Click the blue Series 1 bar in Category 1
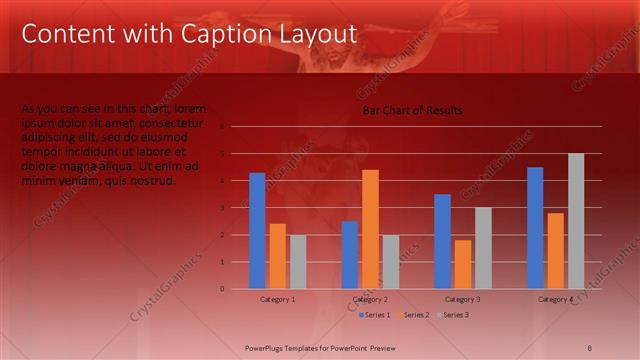coord(257,230)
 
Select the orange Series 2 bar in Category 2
coord(370,228)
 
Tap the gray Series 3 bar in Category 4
coord(576,220)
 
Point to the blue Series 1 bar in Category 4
coord(535,227)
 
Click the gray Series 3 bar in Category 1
coord(298,261)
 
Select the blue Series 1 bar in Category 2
coord(350,254)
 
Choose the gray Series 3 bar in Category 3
coord(483,247)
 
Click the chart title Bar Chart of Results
coord(412,110)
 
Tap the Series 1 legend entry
coord(374,315)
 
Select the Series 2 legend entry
coord(413,315)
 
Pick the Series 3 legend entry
coord(452,315)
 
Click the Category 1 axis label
coord(277,299)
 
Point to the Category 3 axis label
coord(463,299)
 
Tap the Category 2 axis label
coord(370,299)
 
